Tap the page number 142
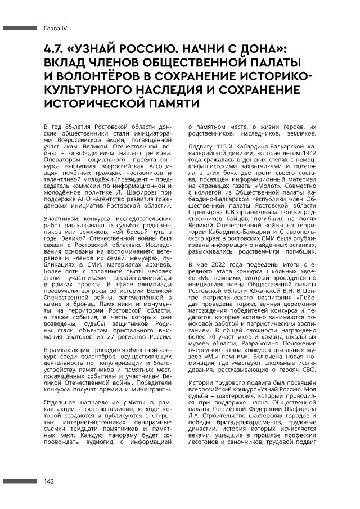(48, 481)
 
